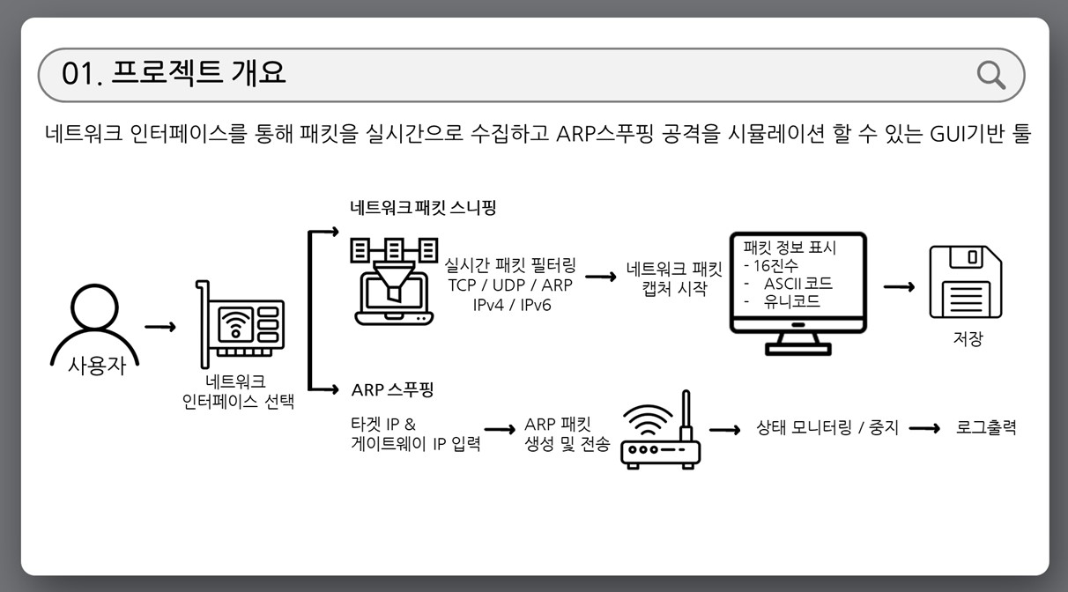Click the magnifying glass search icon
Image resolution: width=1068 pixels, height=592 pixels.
(991, 75)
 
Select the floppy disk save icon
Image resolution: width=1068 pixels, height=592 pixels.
(966, 284)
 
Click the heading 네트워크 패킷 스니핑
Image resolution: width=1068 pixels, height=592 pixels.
(423, 209)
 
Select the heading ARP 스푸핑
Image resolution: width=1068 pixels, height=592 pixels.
(392, 389)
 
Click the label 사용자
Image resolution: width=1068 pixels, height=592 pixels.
(97, 366)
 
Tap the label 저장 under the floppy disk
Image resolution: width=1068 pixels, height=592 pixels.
(968, 339)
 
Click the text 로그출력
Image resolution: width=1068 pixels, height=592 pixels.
(986, 428)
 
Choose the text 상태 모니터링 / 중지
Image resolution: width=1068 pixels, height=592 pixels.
(827, 429)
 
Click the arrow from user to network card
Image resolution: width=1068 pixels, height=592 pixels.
(160, 327)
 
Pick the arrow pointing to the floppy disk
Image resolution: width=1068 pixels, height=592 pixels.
(899, 287)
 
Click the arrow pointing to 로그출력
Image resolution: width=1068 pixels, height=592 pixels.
(925, 429)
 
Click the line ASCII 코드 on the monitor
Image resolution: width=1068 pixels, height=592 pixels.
(797, 284)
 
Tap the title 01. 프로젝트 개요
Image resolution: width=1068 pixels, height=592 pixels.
(174, 73)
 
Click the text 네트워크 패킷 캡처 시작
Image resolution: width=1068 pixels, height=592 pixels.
(674, 278)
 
